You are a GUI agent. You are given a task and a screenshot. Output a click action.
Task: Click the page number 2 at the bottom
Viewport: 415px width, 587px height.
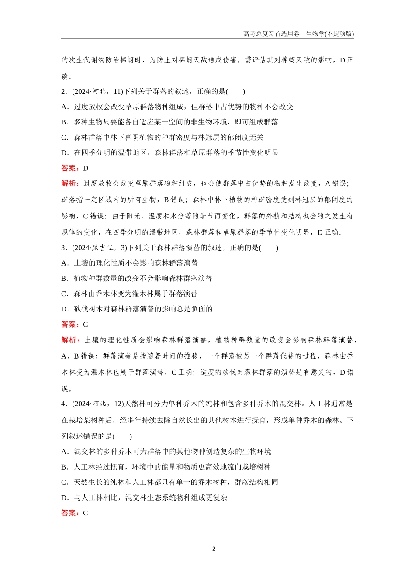pyautogui.click(x=214, y=549)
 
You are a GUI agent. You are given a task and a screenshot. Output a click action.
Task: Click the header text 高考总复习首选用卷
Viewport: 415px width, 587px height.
pyautogui.click(x=271, y=34)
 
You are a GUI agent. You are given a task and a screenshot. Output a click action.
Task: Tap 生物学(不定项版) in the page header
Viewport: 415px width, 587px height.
pyautogui.click(x=330, y=34)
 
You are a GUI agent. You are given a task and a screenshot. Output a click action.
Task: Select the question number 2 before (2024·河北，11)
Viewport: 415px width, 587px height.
pyautogui.click(x=63, y=91)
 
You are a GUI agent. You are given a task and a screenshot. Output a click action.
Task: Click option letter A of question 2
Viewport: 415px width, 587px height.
pyautogui.click(x=65, y=107)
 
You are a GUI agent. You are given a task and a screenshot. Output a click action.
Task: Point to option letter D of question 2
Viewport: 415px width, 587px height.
pyautogui.click(x=65, y=153)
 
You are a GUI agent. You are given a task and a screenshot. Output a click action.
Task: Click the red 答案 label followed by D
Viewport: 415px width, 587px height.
pyautogui.click(x=70, y=168)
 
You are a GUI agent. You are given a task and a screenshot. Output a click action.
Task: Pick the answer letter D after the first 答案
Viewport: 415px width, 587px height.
pyautogui.click(x=86, y=168)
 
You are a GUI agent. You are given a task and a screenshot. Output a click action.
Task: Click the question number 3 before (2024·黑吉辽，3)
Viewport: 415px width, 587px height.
pyautogui.click(x=63, y=248)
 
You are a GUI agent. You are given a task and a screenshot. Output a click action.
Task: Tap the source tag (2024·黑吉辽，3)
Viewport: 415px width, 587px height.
pyautogui.click(x=99, y=248)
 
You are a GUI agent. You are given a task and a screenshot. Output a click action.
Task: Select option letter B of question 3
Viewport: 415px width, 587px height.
pyautogui.click(x=65, y=278)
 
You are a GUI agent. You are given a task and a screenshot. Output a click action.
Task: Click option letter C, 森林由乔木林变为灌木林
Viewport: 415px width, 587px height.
pyautogui.click(x=65, y=293)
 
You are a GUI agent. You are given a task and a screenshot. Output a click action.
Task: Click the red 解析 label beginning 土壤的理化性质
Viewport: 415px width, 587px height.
pyautogui.click(x=70, y=340)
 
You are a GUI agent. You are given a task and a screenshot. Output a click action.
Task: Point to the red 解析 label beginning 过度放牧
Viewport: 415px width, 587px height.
pyautogui.click(x=70, y=183)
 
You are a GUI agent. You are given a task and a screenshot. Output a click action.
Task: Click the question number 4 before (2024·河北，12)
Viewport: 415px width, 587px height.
pyautogui.click(x=63, y=404)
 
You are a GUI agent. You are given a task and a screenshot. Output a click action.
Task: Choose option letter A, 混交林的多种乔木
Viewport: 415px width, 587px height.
pyautogui.click(x=65, y=452)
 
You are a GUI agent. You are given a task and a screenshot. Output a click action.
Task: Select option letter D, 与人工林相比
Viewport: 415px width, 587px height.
pyautogui.click(x=65, y=497)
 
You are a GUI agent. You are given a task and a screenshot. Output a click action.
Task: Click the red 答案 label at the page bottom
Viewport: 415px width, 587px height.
pyautogui.click(x=70, y=513)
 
